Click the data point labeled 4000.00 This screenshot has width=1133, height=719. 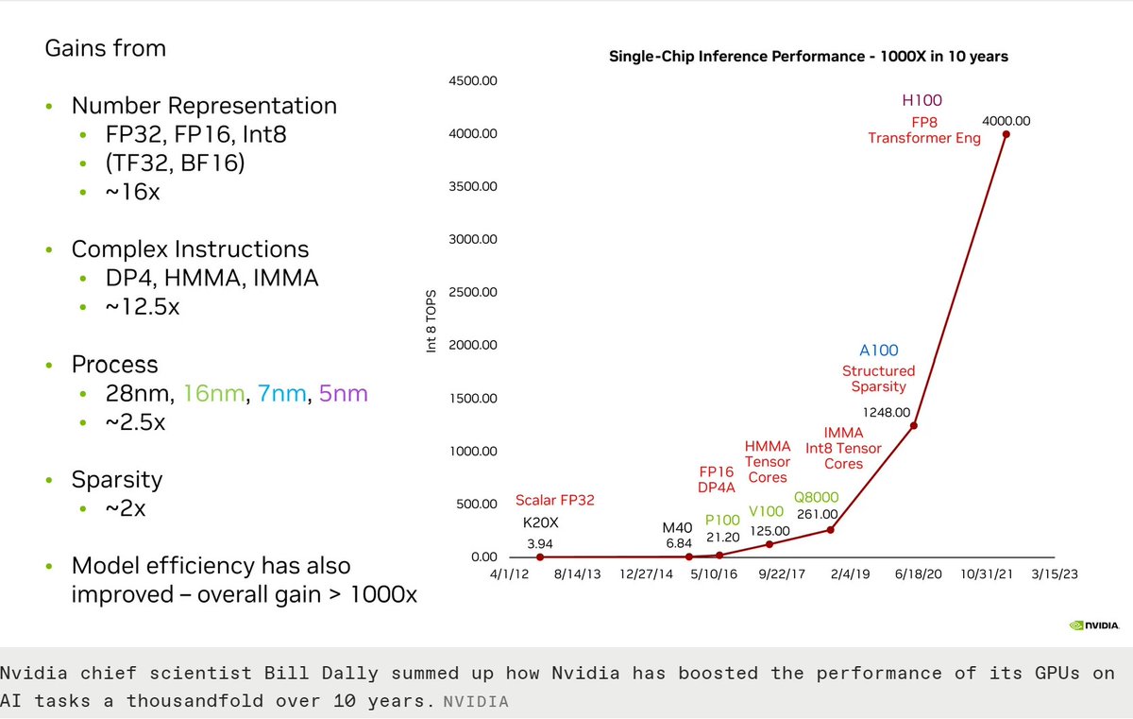point(1006,134)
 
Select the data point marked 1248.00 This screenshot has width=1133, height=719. point(914,425)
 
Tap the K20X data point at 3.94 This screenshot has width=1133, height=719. point(540,556)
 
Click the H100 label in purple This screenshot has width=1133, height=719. point(922,100)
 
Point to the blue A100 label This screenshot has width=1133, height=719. point(878,351)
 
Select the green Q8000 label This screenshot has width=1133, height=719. point(816,497)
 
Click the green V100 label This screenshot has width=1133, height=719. point(768,511)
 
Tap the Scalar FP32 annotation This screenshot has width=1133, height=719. point(555,500)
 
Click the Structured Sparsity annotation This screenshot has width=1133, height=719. point(878,379)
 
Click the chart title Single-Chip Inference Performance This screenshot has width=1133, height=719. point(808,57)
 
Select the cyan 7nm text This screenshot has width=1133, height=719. point(283,393)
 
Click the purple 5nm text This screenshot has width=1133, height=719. point(344,393)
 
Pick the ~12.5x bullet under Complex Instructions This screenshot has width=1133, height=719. point(142,307)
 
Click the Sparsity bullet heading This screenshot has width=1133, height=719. point(117,479)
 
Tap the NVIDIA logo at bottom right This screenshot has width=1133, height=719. point(1094,625)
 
